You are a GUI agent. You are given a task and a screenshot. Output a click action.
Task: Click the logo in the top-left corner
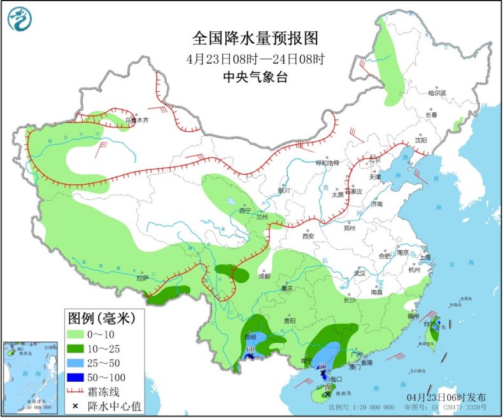(x=18, y=18)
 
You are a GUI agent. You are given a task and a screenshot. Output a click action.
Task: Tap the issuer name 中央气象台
(x=255, y=76)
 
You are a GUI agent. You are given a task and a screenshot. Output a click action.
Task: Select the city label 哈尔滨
(x=437, y=93)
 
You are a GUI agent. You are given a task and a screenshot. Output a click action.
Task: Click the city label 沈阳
(x=421, y=140)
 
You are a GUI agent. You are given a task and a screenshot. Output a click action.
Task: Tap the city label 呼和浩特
(x=328, y=162)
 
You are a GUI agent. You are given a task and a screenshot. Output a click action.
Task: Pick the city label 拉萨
(x=142, y=278)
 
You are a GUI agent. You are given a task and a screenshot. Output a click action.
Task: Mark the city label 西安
(x=308, y=235)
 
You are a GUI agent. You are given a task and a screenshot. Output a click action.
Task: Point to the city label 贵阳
(x=290, y=321)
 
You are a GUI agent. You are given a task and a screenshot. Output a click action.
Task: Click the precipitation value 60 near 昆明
(x=251, y=350)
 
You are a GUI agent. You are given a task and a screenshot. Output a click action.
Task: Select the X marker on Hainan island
(x=327, y=395)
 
